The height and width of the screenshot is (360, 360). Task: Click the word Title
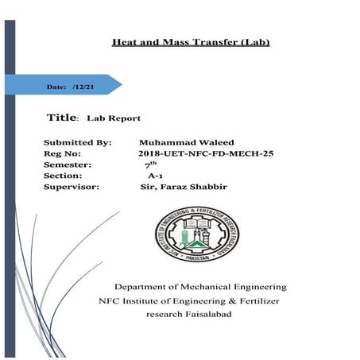60,117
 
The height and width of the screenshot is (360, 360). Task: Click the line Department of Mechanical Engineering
199,287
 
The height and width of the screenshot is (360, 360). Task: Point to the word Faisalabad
224,315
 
